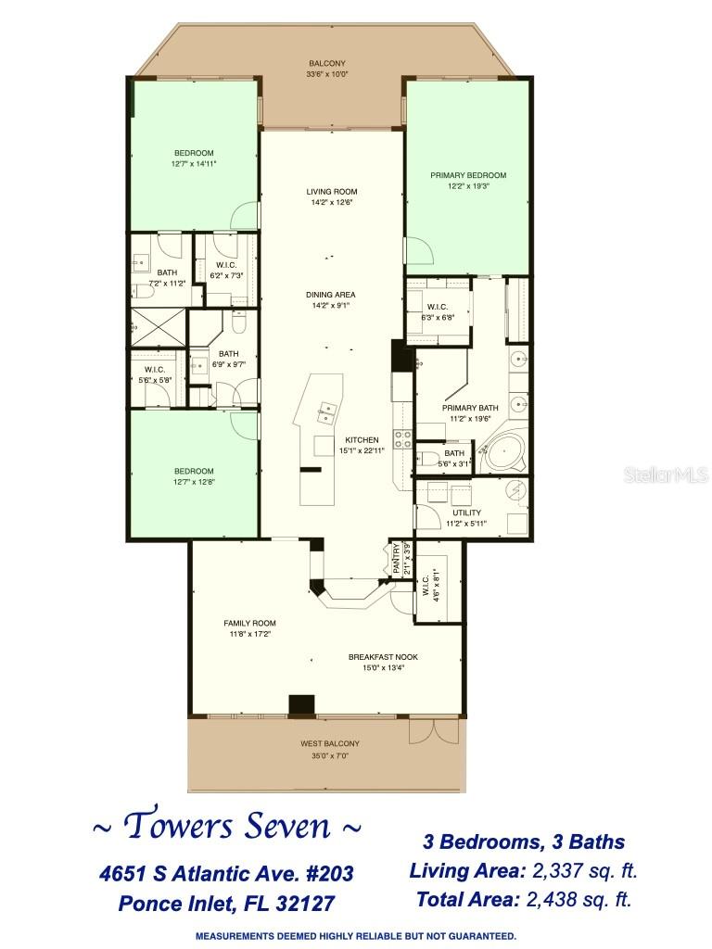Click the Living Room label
pos(331,192)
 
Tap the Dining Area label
pos(331,295)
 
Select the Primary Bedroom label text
pos(468,175)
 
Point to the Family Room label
pos(249,623)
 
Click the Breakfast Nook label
pos(383,656)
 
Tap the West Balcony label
pos(329,743)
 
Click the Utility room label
pos(466,512)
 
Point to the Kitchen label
pos(362,439)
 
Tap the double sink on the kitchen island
pos(326,412)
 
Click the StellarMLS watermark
pos(675,474)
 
